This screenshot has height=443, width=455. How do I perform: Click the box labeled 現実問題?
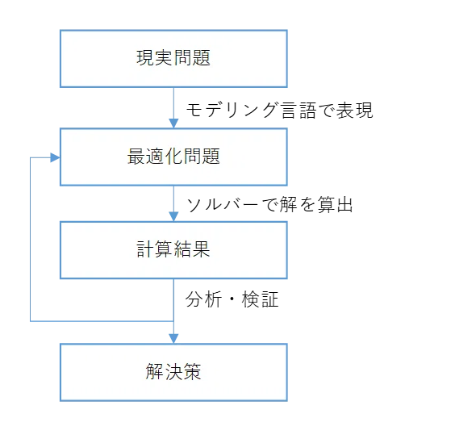point(173,58)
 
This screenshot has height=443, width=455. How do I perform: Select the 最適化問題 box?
point(173,157)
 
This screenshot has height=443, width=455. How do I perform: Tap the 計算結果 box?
point(173,250)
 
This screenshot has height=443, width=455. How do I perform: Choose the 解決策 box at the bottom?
point(173,372)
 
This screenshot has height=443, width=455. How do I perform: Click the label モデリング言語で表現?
point(279,111)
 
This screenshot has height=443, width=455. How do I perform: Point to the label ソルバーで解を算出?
point(269,204)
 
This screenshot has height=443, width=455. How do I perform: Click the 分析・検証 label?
point(232,299)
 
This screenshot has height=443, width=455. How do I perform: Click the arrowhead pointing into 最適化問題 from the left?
point(55,157)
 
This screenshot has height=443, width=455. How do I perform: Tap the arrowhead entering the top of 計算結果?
point(173,216)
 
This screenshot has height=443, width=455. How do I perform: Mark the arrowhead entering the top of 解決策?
point(173,339)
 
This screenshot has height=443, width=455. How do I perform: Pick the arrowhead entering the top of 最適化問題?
point(173,123)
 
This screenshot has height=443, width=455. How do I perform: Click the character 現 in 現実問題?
point(145,58)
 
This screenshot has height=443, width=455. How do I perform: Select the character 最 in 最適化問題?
point(136,157)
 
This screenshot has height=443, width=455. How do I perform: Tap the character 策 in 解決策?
point(192,372)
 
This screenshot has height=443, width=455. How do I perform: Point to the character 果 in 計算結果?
point(201,249)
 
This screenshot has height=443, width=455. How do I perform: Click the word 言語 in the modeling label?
point(298,111)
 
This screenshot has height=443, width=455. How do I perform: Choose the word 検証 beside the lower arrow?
point(260,299)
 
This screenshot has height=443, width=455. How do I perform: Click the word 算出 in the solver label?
point(335,204)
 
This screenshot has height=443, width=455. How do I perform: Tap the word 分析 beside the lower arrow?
point(203,299)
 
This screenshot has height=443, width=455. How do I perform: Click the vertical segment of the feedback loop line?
point(31,240)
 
